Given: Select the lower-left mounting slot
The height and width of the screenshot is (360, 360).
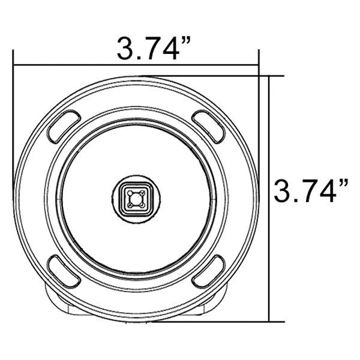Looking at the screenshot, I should click(61, 271).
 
